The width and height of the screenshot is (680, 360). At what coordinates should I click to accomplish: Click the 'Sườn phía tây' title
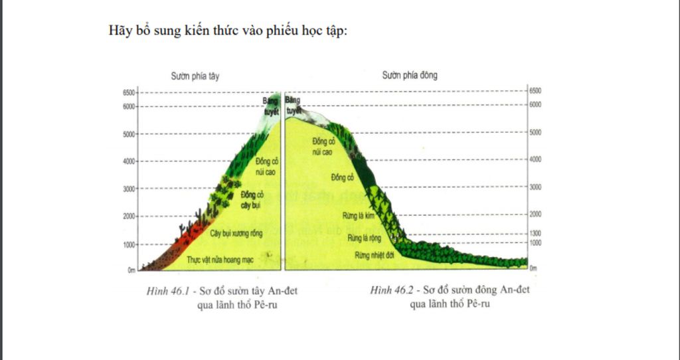[x=195, y=76]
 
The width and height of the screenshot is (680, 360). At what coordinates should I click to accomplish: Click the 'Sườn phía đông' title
[x=410, y=75]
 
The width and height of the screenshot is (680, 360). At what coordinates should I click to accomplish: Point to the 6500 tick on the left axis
[x=128, y=92]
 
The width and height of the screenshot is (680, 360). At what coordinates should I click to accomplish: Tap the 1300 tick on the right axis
[x=537, y=234]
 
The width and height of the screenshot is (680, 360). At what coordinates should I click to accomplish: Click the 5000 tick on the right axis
[x=537, y=132]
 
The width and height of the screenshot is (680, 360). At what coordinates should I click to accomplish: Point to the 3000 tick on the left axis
[x=128, y=189]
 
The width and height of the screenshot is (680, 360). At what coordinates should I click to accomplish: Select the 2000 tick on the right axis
[x=537, y=214]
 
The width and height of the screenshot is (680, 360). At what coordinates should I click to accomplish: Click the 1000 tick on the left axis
[x=128, y=244]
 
